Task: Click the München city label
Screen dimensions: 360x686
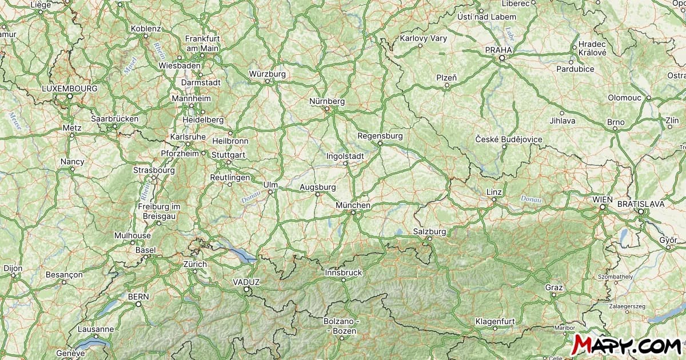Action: tap(353, 205)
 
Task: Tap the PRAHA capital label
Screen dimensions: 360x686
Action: tap(498, 50)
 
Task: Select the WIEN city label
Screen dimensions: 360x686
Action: tap(603, 199)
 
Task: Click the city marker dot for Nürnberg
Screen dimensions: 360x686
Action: tap(327, 109)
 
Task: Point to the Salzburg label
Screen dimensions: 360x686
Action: tap(429, 231)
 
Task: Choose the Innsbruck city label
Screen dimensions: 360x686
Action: tap(343, 273)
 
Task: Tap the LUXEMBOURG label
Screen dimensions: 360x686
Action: tap(70, 89)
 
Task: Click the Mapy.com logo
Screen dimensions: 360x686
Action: tap(627, 345)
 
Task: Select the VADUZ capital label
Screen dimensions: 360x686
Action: tap(246, 282)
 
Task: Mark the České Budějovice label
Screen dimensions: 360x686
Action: tap(509, 139)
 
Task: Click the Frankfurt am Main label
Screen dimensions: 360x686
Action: tap(202, 43)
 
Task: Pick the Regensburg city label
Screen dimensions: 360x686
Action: tap(380, 136)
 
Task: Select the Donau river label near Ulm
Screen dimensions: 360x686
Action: tap(250, 197)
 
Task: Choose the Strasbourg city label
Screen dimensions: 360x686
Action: tap(154, 170)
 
